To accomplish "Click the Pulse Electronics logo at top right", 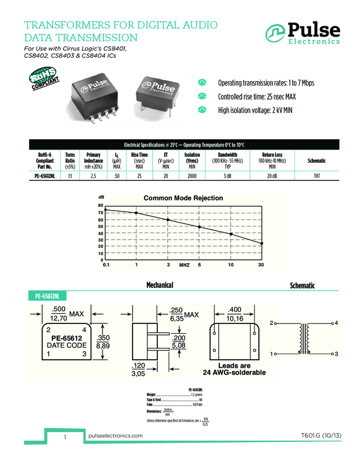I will tap(303, 33).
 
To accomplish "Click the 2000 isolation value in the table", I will tap(192, 175).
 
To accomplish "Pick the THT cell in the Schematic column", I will tap(317, 175).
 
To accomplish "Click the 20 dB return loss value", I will tap(272, 175).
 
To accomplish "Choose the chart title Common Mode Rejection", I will tap(183, 198).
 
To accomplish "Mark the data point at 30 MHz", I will tap(261, 243).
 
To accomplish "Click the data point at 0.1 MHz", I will tap(106, 210).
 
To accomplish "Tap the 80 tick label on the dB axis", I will tap(100, 205).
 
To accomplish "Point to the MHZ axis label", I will tap(184, 265).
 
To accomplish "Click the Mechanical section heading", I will tap(159, 285).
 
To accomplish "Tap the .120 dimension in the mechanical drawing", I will tap(138, 366).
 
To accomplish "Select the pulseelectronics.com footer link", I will tap(115, 435).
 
